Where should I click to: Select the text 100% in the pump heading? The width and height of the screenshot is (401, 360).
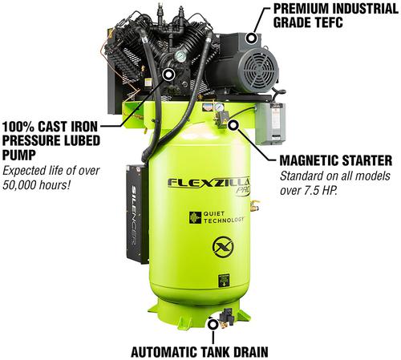(18, 126)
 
